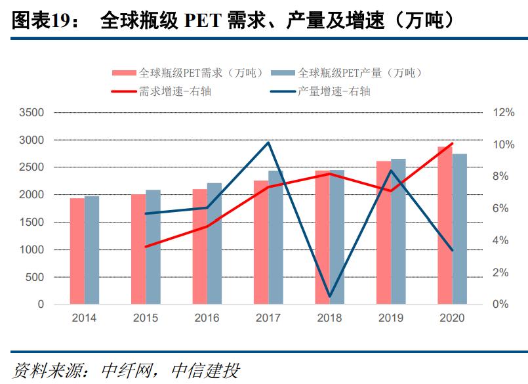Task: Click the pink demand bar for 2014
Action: point(77,251)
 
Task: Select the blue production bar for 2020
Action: point(460,229)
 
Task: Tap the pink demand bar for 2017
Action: point(261,242)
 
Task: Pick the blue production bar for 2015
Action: point(153,247)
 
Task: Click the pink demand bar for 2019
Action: point(384,232)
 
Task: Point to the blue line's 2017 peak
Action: point(268,142)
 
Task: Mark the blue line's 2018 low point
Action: point(329,297)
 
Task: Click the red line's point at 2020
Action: point(452,143)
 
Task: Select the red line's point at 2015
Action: point(146,247)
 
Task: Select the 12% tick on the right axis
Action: point(504,113)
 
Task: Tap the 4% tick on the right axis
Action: point(501,240)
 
